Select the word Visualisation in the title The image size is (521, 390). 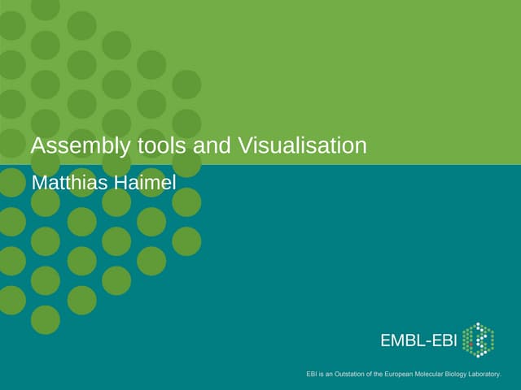[x=302, y=146]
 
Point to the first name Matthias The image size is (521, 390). [x=68, y=182]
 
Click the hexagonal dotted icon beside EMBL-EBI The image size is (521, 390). [x=478, y=340]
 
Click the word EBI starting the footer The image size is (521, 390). [x=311, y=375]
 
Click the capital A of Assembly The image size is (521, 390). [x=37, y=146]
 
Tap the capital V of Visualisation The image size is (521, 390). [x=244, y=146]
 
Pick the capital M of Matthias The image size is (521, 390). [x=38, y=182]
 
